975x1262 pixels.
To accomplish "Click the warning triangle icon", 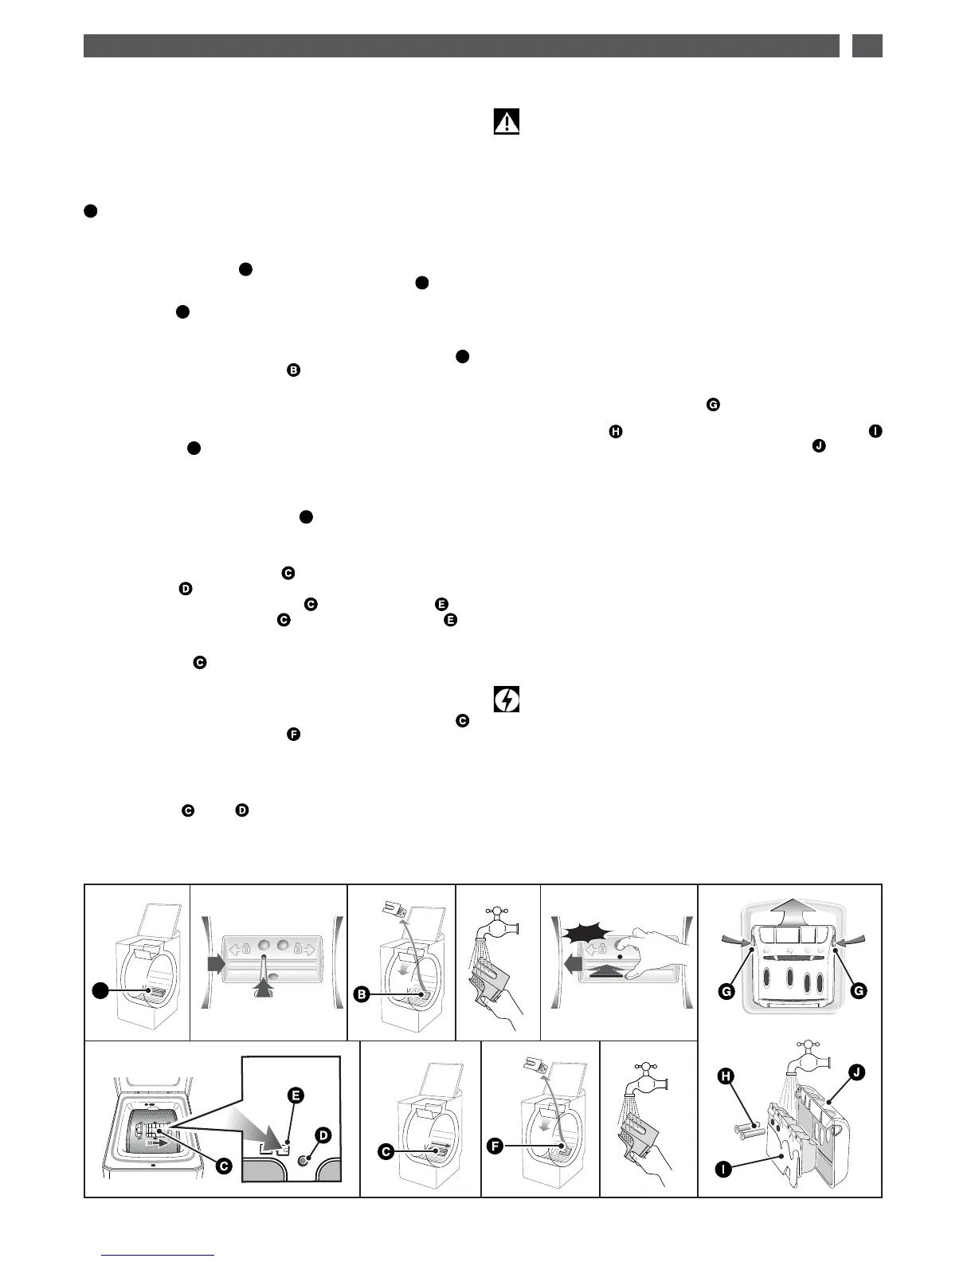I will tap(507, 122).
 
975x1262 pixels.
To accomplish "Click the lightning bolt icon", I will tap(507, 700).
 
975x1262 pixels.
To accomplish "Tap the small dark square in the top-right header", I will tap(867, 45).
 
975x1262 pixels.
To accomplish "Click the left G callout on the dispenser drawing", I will tap(726, 990).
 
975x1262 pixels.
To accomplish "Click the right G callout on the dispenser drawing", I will tap(857, 990).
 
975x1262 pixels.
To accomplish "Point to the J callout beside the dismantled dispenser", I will tap(855, 1072).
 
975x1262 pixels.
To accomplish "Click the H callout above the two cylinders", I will tap(726, 1076).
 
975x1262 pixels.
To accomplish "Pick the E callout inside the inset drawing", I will tap(295, 1095).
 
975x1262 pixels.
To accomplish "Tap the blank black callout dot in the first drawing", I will tap(99, 990).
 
